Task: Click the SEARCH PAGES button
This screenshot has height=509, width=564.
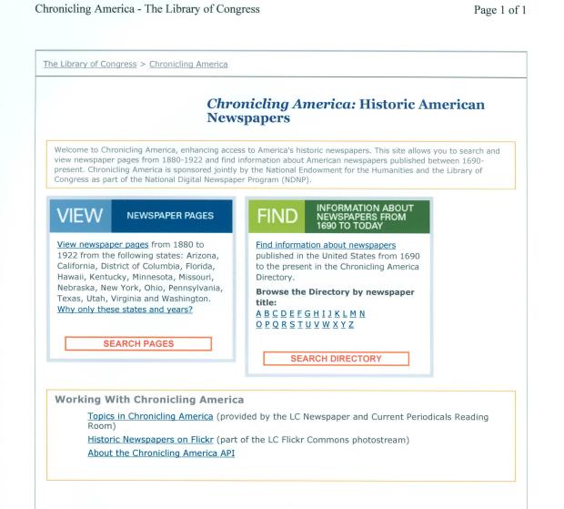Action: coord(138,343)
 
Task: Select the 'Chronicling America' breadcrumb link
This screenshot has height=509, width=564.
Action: coord(188,65)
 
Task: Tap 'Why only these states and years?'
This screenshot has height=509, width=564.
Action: coord(125,310)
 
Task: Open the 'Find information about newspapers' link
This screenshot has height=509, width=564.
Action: coord(326,245)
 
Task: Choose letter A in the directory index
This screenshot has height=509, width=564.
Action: coord(259,314)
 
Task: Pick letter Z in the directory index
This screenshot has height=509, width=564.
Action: coord(350,325)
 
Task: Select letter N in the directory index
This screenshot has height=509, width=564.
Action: coord(362,314)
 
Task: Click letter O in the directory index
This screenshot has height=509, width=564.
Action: coord(259,325)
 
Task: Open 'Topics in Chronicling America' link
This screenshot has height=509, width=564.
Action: coord(150,416)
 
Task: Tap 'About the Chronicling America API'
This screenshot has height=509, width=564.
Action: coord(161,453)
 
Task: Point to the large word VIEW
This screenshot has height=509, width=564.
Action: coord(79,217)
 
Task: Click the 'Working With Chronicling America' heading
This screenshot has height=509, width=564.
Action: coord(149,400)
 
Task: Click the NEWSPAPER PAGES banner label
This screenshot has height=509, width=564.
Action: coord(170,216)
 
